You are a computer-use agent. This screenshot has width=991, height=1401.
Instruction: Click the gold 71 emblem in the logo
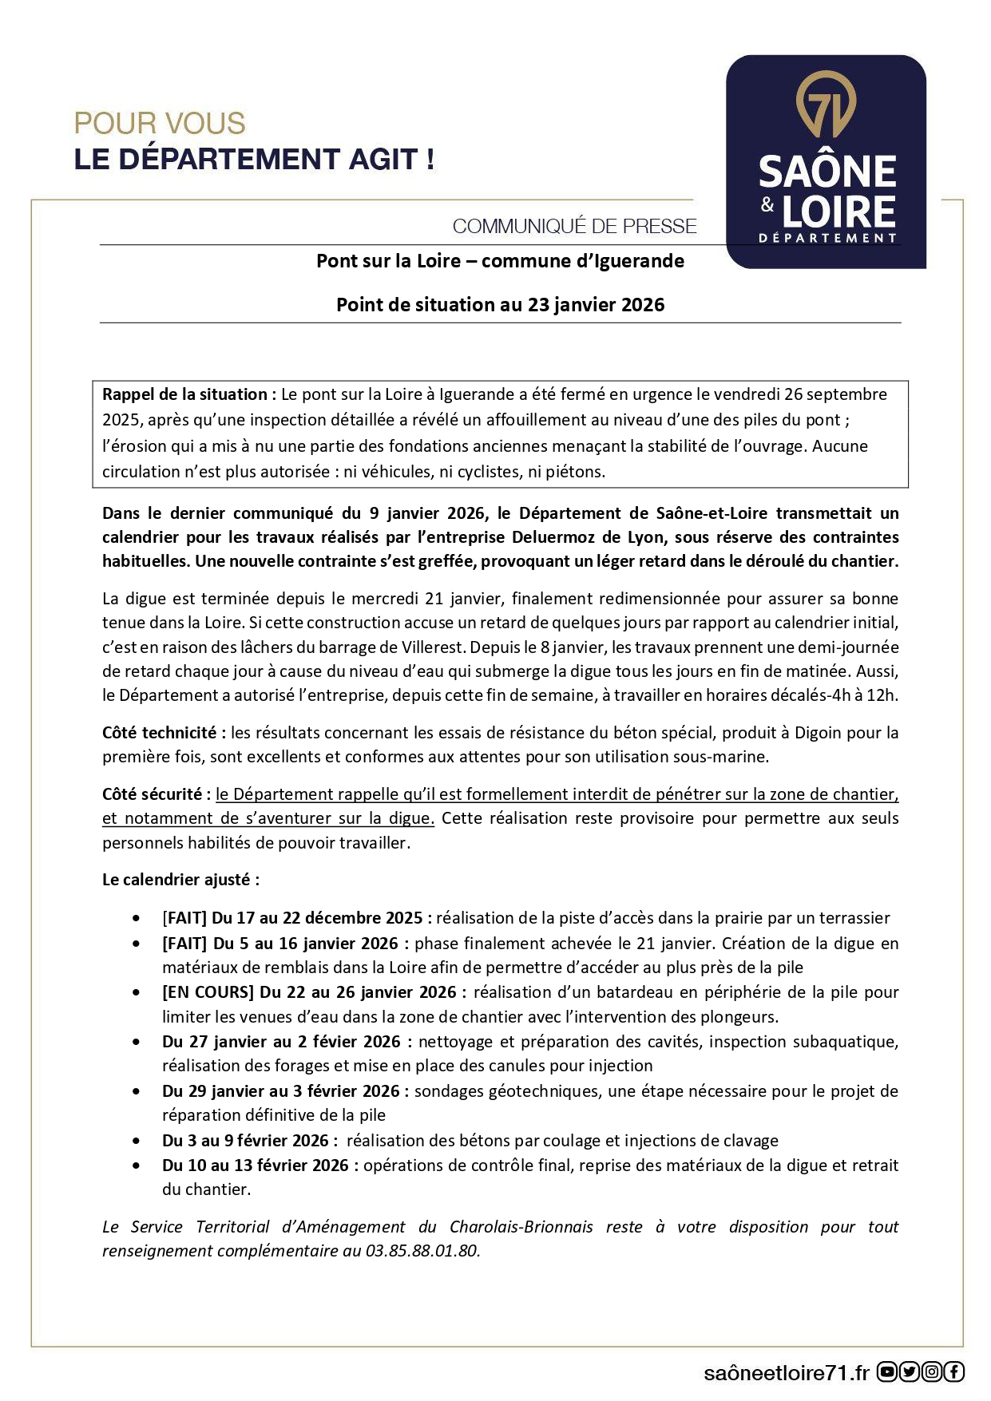point(826,108)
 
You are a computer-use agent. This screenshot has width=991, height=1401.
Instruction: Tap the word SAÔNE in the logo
point(826,172)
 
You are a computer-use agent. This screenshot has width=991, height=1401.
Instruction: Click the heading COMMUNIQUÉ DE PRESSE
point(574,227)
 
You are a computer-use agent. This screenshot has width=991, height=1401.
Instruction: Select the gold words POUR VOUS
point(160,124)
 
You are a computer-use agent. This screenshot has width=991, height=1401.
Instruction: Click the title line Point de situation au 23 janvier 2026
point(500,305)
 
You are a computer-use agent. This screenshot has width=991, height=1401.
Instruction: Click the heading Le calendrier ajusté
point(180,880)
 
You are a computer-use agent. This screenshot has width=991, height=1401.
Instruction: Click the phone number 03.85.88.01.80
point(422,1251)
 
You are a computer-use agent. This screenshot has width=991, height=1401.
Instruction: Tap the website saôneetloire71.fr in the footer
point(786,1373)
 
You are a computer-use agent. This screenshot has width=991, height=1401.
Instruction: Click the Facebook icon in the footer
point(954,1372)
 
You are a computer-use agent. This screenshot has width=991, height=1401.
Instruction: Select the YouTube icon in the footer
point(886,1372)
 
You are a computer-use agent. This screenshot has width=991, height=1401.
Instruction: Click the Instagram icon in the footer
point(932,1372)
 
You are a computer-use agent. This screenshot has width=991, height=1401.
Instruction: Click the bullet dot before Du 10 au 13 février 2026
point(137,1166)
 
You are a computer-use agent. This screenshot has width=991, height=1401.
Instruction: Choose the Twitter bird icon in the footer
point(910,1372)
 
